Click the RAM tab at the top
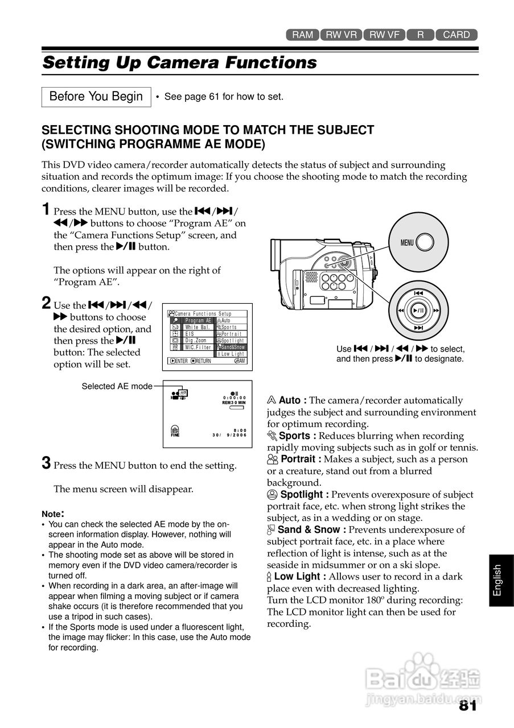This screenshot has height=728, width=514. coord(302,35)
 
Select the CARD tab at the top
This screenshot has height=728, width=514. coord(457,35)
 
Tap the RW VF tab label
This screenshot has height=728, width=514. coord(384,35)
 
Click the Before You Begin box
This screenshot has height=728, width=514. coord(96,97)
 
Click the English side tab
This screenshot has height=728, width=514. coord(498,580)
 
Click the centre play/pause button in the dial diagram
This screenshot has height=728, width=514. coord(419,311)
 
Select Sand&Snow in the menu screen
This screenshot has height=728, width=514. coord(232,347)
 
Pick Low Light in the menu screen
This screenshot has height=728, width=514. coord(232,354)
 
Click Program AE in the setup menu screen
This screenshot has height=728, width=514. coord(198,321)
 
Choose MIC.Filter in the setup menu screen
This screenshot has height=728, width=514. coord(198,347)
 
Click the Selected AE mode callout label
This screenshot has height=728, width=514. coord(117,387)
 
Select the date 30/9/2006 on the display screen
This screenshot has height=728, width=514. coord(229,435)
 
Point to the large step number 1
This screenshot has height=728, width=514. coord(47,210)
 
